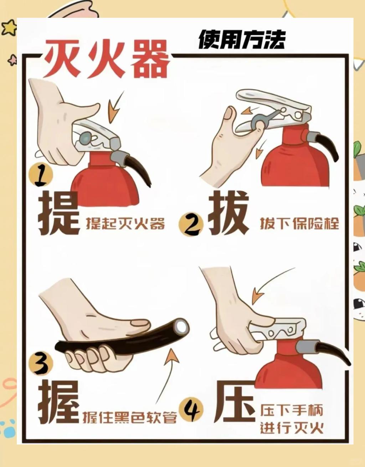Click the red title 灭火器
point(107,59)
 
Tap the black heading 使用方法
point(242,40)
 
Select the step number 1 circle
point(41,175)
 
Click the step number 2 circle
point(191,224)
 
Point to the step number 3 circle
point(41,363)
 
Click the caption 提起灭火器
point(125,224)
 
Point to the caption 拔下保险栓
point(300,224)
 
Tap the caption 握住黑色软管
point(130,417)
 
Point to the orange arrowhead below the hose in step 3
point(171,357)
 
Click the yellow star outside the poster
point(9,27)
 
